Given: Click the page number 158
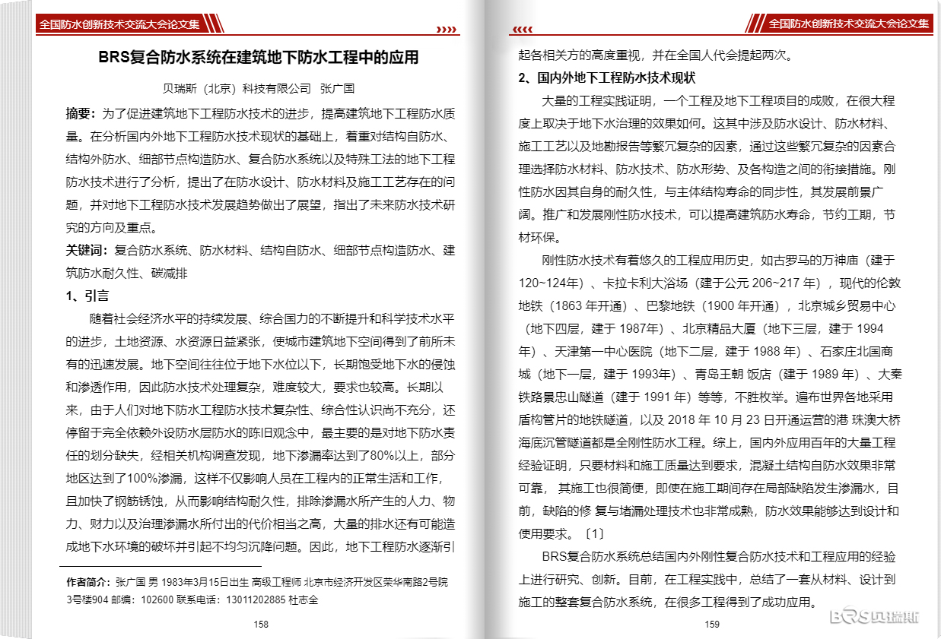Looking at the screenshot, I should [x=261, y=624].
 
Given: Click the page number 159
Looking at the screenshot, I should [x=713, y=625].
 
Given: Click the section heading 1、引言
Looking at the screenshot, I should [x=87, y=296].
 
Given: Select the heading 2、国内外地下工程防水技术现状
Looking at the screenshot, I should [x=607, y=78].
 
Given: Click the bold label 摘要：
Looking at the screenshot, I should [x=82, y=114].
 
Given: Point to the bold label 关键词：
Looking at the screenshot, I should [x=89, y=250].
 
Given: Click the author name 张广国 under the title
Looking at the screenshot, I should [x=338, y=88].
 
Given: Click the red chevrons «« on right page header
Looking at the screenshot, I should [x=523, y=30].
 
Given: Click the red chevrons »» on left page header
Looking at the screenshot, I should [x=445, y=30].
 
